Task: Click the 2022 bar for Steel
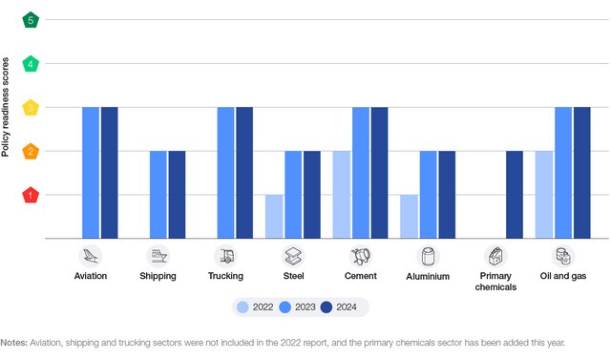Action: point(275,217)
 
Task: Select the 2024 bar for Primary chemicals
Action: point(515,195)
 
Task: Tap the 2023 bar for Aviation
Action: point(91,173)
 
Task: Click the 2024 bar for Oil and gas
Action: point(582,173)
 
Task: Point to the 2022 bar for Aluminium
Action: point(410,217)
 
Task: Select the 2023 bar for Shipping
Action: point(158,195)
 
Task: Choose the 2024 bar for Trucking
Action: point(244,173)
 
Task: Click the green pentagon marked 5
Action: point(32,20)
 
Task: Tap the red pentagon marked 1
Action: point(32,195)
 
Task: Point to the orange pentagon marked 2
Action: point(32,151)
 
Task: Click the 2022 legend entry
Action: point(256,307)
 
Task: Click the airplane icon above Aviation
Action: point(91,256)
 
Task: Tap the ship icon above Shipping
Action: point(158,256)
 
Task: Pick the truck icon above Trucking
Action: point(226,256)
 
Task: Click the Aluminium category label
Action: point(428,276)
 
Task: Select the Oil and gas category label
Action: point(563,276)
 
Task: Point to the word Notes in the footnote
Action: point(13,342)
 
